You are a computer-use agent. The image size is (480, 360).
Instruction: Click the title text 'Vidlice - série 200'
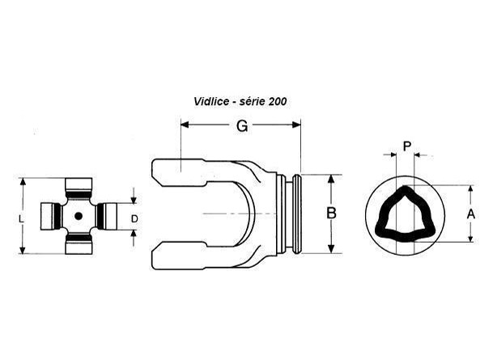240,101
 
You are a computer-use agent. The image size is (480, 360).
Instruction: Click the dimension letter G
242,125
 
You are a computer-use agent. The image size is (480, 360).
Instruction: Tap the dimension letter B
331,214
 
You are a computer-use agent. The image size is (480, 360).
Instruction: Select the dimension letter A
471,214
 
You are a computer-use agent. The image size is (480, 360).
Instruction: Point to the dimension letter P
406,146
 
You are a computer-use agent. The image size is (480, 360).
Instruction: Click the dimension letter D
134,218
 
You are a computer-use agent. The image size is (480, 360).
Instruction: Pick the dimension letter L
21,218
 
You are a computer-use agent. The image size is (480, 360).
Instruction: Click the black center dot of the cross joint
79,216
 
